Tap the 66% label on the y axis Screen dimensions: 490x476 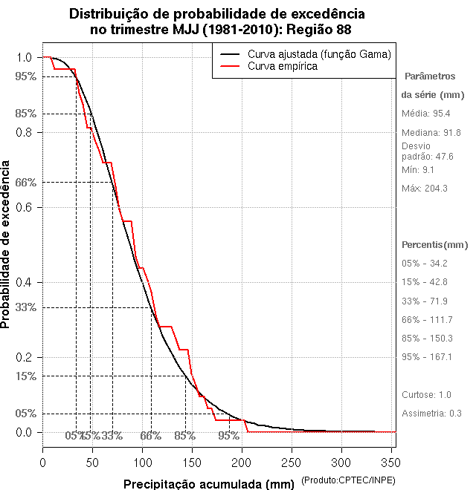click(25, 182)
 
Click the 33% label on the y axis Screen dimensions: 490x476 click(25, 307)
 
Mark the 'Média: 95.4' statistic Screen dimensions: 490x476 click(426, 114)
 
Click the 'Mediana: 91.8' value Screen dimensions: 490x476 click(432, 133)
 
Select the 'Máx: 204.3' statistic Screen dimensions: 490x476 click(425, 189)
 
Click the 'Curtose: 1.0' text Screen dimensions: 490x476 click(426, 394)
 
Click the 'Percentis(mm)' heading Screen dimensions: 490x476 click(435, 245)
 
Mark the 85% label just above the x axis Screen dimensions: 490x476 click(185, 436)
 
